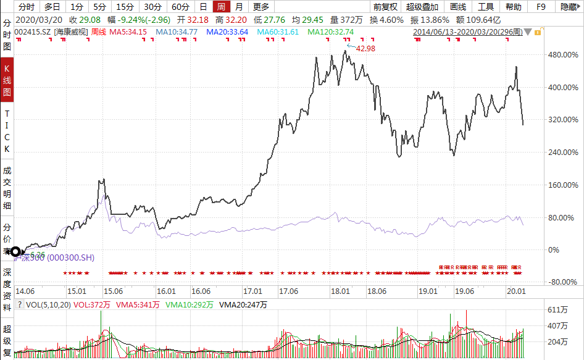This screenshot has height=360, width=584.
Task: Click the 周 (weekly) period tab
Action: (220, 7)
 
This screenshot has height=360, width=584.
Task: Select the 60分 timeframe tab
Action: (180, 7)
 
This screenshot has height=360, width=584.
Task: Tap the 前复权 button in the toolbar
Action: (386, 7)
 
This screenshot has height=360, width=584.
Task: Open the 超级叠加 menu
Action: (422, 7)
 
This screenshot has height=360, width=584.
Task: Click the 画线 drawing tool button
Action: (457, 7)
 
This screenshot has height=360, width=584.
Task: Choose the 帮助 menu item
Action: (513, 7)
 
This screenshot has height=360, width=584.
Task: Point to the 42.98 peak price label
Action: (365, 48)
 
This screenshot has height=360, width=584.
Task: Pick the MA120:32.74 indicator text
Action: (331, 31)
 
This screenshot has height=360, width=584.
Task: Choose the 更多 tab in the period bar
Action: (261, 7)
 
